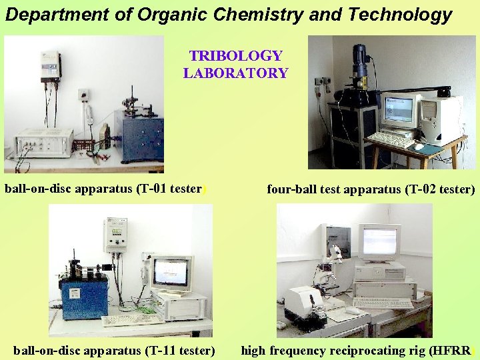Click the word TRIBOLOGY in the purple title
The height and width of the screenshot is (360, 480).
tap(235, 57)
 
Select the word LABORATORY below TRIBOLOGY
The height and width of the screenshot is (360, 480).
tap(235, 73)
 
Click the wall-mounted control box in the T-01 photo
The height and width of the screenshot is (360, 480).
tap(49, 67)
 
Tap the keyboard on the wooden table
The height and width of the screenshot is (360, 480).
tap(391, 140)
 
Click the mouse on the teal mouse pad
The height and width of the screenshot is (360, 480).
tap(419, 146)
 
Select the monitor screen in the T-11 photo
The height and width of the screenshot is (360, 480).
tap(170, 270)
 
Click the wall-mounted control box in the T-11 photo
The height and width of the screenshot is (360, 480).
tap(115, 237)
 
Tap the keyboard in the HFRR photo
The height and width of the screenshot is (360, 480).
tap(383, 303)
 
